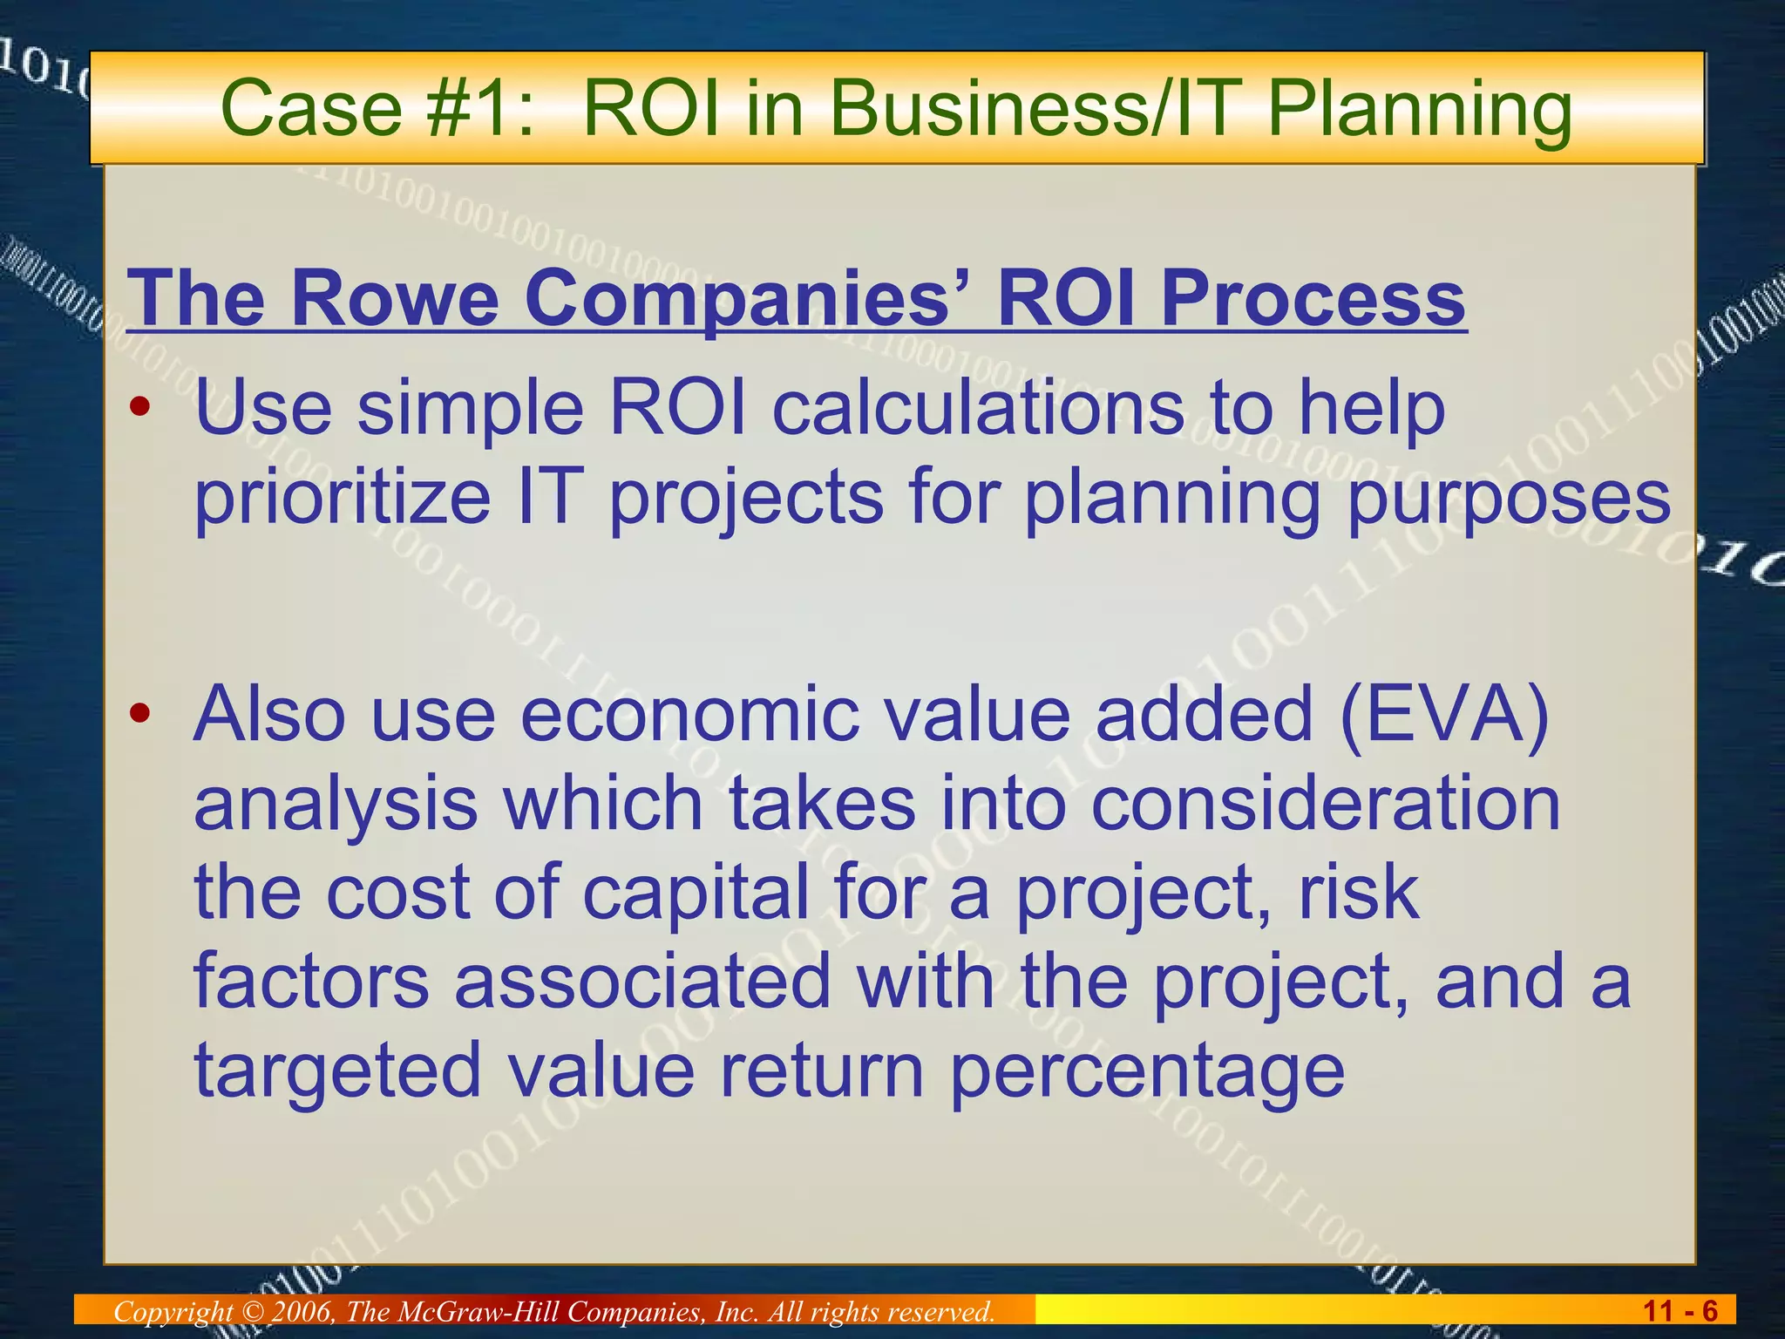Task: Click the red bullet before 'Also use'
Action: point(140,715)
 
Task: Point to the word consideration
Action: point(1325,804)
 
